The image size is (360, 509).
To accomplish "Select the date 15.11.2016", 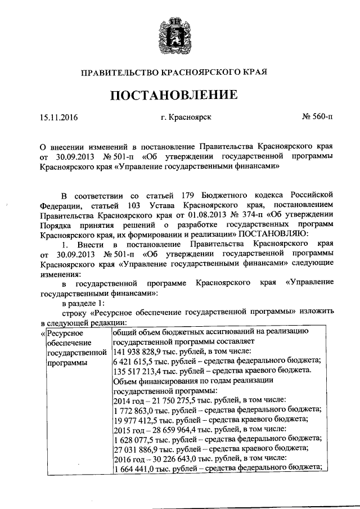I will point(58,118).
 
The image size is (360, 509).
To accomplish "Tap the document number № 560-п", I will point(317,118).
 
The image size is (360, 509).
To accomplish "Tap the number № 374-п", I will point(253,215).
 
